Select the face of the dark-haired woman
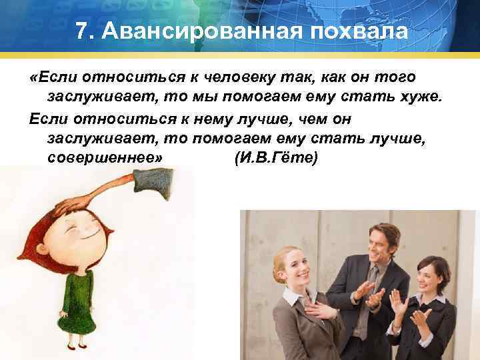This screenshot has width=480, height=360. click(425, 275)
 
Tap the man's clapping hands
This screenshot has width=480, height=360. click(365, 293)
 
